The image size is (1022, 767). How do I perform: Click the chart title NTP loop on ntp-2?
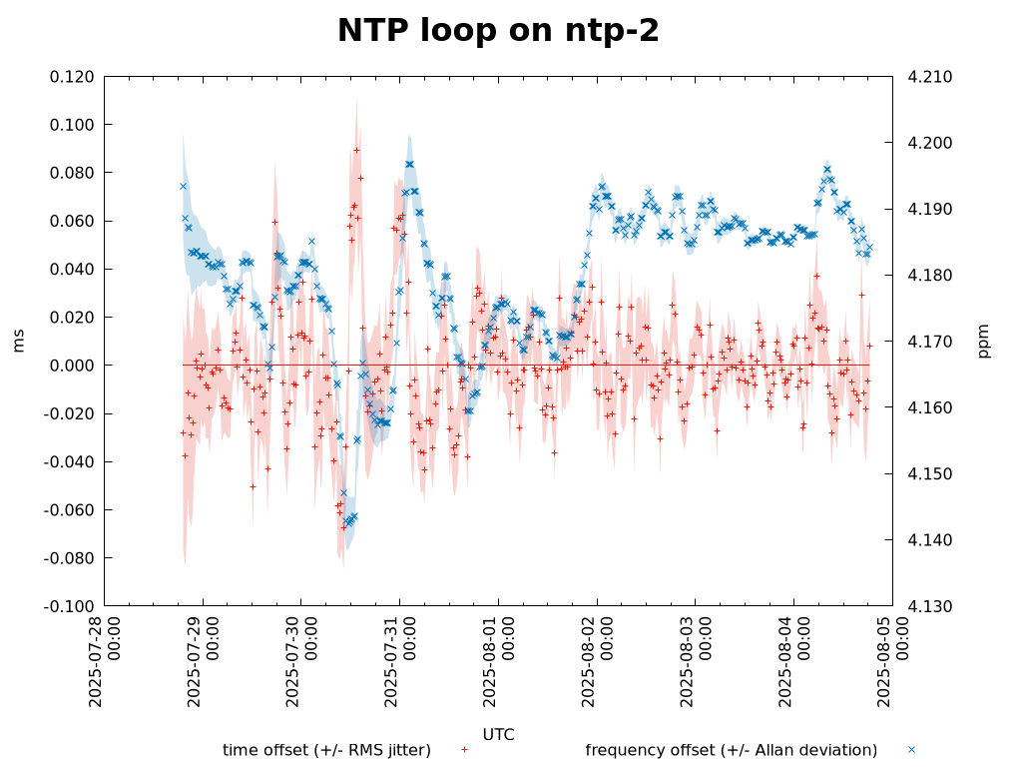(498, 31)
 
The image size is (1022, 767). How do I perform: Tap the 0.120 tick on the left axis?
(72, 77)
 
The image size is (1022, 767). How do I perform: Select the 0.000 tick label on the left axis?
(72, 366)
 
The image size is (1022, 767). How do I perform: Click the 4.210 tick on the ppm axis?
(929, 77)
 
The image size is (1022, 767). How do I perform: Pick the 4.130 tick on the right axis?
(929, 606)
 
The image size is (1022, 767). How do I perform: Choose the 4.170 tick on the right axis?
(929, 342)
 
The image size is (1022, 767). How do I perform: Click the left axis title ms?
(19, 342)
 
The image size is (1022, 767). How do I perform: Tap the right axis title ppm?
(984, 342)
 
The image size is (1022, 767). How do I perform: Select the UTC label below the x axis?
(498, 735)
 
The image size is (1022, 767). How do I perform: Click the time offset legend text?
(326, 750)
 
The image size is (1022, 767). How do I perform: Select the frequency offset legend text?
(731, 750)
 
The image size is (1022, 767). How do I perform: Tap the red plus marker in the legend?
(464, 750)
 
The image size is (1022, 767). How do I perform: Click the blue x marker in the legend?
(911, 750)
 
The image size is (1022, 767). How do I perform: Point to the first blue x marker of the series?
(183, 186)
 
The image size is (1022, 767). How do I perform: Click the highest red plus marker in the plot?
(356, 150)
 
